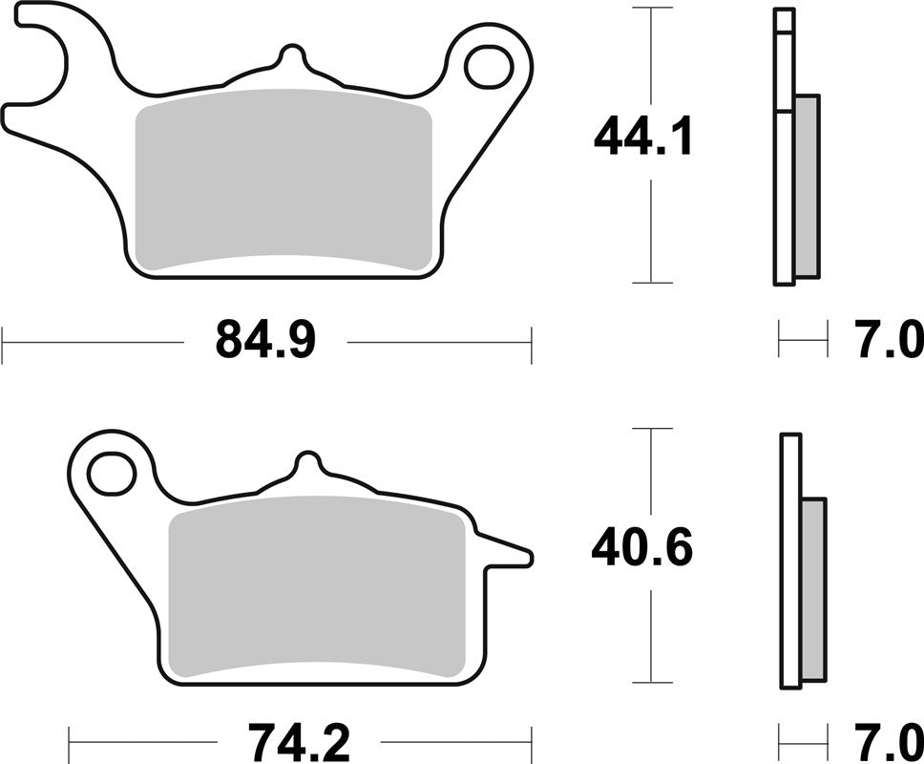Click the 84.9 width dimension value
click(x=265, y=340)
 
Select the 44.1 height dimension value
click(x=641, y=138)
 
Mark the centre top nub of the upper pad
click(x=292, y=57)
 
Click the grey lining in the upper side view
click(x=807, y=186)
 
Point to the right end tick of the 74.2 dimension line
click(x=531, y=741)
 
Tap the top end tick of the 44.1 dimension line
click(x=651, y=9)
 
